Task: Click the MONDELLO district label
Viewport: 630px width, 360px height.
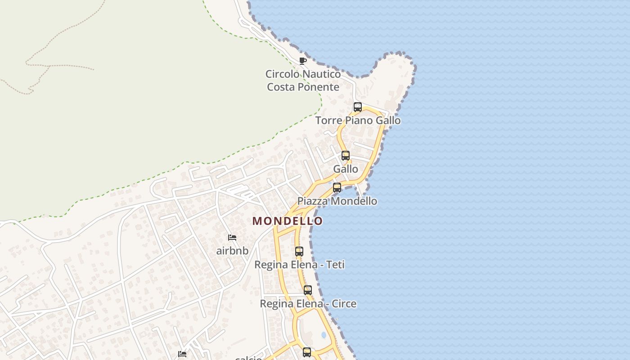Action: (x=288, y=221)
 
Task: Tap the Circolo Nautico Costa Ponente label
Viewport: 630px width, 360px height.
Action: (x=303, y=81)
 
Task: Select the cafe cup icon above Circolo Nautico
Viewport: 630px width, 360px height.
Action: (x=303, y=61)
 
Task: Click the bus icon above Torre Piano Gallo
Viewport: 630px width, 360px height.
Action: (x=358, y=107)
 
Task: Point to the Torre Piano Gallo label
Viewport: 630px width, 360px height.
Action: (x=358, y=121)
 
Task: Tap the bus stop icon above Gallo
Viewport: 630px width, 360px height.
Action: (x=346, y=156)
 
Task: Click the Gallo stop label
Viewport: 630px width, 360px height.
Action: (x=346, y=169)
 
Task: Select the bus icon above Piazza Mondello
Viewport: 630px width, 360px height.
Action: (x=337, y=188)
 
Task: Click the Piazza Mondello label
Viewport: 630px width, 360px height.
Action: (x=337, y=201)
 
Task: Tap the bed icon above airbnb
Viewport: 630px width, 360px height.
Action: (x=232, y=238)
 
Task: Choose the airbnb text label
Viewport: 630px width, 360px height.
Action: (x=232, y=251)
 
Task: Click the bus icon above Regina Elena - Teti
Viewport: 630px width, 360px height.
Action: (x=299, y=252)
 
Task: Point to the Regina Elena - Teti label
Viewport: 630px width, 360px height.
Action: (x=299, y=265)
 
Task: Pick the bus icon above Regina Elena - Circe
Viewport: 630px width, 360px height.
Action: (x=308, y=290)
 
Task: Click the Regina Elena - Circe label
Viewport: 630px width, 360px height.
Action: (x=308, y=304)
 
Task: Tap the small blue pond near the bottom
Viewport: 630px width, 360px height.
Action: (x=324, y=335)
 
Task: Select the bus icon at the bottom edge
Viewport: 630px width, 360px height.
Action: (x=307, y=352)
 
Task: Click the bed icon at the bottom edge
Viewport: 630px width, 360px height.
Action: (x=182, y=354)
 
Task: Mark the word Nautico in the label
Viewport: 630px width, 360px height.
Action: (x=321, y=74)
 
